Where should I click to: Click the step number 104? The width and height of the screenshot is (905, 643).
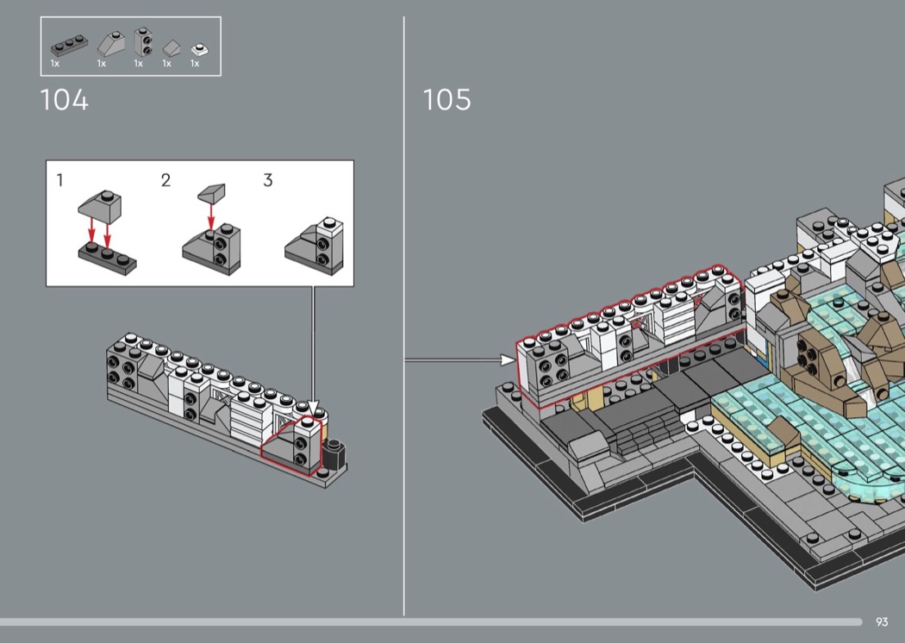65,100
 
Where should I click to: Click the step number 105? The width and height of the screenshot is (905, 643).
446,100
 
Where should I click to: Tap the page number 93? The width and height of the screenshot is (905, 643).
882,621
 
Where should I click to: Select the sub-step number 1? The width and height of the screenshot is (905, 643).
60,180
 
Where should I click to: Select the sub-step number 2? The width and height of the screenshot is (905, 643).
165,180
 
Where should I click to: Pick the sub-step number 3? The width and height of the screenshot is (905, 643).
268,180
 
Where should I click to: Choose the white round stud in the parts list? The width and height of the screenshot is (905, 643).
197,48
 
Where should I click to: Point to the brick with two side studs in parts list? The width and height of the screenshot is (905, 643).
142,41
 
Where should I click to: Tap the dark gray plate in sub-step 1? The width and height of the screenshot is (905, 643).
107,256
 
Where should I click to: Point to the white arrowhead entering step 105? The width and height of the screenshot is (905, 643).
508,359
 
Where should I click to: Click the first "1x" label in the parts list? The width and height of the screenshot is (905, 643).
55,63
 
